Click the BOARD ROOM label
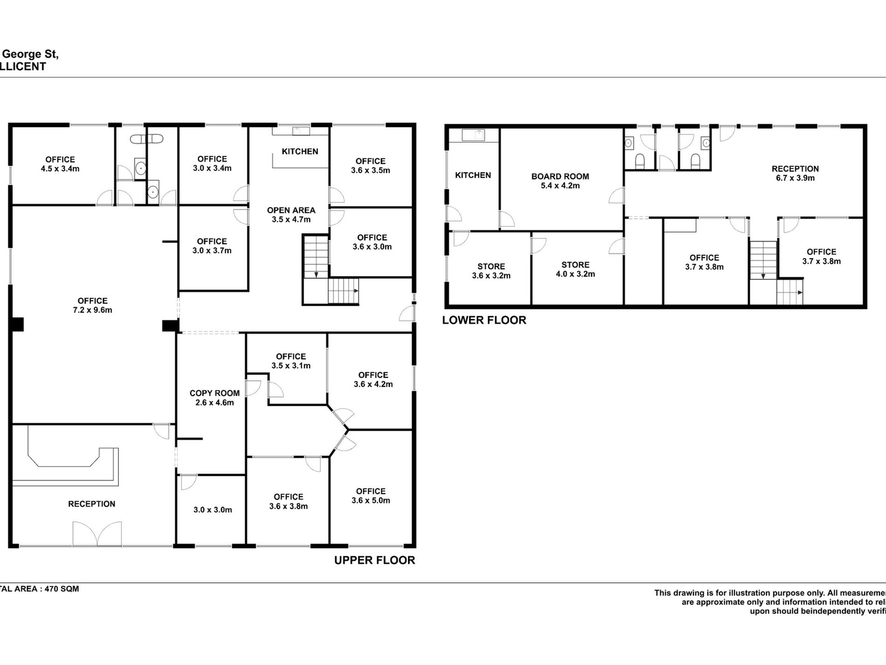(x=560, y=176)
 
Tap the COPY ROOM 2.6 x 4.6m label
(x=215, y=398)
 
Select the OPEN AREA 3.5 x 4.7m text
(x=291, y=215)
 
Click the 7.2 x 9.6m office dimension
(x=92, y=310)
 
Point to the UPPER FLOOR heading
(x=374, y=560)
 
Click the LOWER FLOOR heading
(x=484, y=320)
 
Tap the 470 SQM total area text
(x=61, y=589)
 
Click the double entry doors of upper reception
(x=97, y=534)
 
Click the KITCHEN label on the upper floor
(x=300, y=151)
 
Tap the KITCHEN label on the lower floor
(x=473, y=175)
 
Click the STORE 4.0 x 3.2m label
(x=575, y=269)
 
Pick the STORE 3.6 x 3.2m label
(x=491, y=271)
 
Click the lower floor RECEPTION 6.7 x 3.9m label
(x=795, y=173)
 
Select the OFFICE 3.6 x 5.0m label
(x=371, y=496)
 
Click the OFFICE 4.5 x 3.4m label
(x=60, y=164)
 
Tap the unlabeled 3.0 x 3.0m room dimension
(x=213, y=510)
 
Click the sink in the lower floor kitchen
(x=473, y=135)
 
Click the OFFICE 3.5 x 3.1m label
(x=291, y=361)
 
